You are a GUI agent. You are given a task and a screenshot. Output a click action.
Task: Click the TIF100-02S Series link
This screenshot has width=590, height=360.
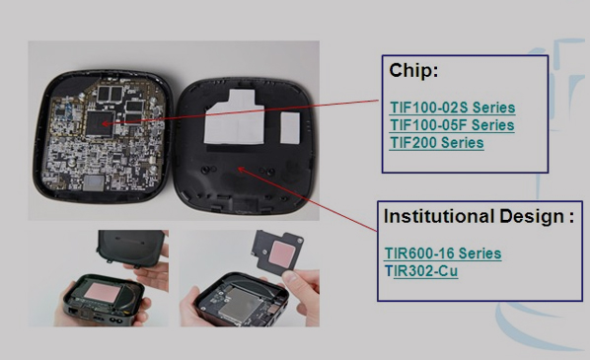pos(452,108)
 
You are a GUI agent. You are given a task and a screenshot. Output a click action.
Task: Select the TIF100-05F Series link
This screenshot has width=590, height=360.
pos(452,125)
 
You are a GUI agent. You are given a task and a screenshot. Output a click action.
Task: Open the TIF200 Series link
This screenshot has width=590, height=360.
pos(436,143)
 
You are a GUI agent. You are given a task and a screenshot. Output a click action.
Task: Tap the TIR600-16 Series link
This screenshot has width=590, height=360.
pos(443,253)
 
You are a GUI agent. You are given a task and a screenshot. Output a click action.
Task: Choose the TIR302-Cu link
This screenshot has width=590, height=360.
pos(421,271)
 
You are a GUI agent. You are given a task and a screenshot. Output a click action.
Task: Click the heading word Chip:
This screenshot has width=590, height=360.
pos(413,70)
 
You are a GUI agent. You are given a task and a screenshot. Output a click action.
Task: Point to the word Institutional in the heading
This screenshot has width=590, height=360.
pos(439,216)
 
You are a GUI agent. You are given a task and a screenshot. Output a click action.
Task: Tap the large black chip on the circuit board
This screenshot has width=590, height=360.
pos(100,123)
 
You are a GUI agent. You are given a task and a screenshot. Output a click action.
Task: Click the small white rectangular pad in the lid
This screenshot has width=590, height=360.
pos(290,128)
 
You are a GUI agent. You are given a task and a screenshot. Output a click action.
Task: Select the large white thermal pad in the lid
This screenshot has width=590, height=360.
pos(235,117)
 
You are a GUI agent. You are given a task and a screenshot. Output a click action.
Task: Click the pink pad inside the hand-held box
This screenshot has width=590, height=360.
pos(101,292)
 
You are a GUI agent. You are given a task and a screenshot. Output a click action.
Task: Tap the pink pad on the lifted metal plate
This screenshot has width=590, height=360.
pos(282,253)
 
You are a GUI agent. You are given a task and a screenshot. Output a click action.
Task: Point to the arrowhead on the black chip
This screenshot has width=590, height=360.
pos(105,123)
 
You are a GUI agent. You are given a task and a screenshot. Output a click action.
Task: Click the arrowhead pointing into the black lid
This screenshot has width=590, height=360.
pos(242,171)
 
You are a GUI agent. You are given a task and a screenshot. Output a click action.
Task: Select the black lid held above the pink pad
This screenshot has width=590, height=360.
pos(131,248)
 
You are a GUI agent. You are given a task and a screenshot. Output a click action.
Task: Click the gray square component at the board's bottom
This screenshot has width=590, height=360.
pos(94,182)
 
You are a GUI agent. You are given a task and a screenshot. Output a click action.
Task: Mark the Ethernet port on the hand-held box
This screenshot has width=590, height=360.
pos(72,311)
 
